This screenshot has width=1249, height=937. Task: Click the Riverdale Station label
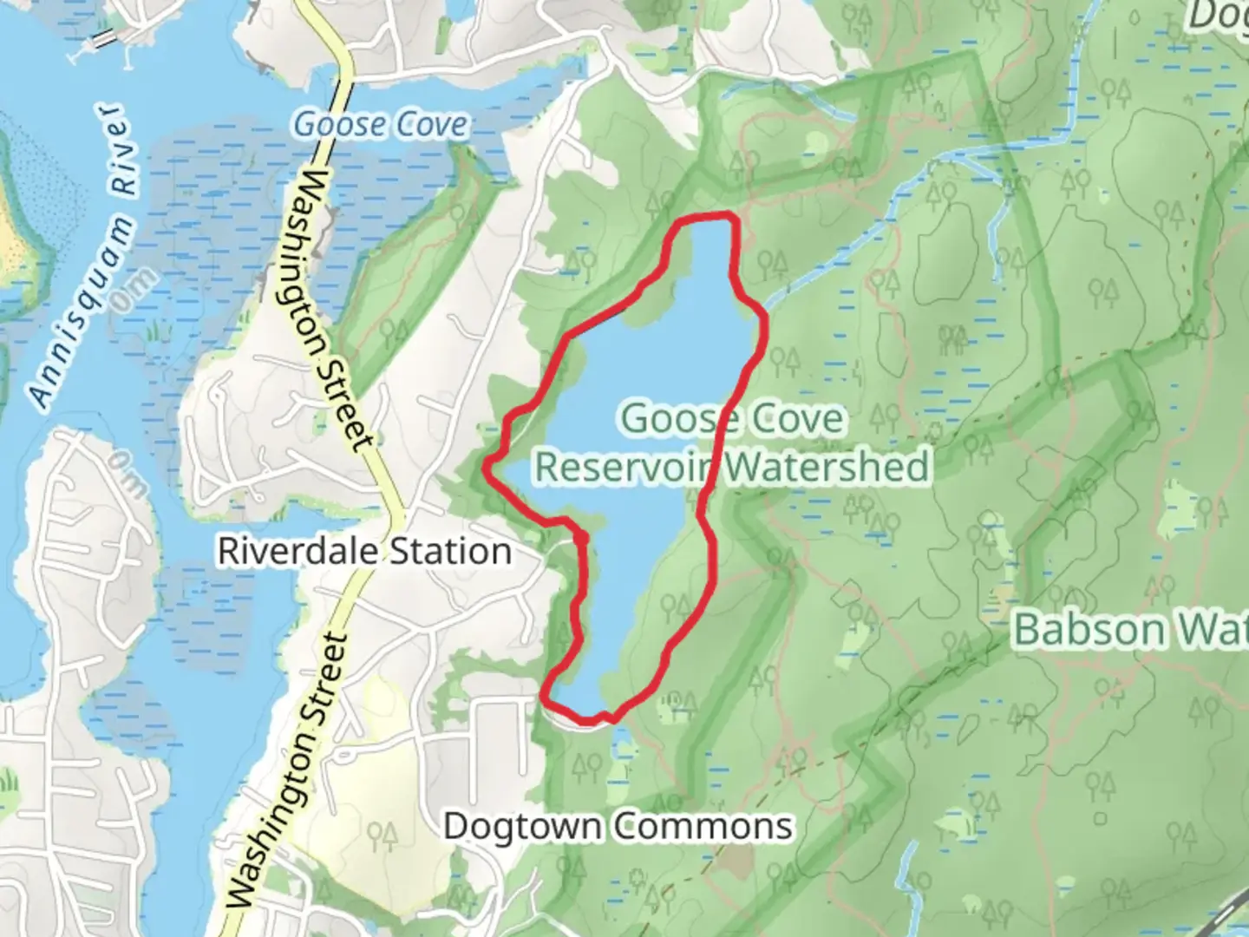pyautogui.click(x=364, y=552)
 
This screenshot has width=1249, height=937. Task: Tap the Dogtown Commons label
pyautogui.click(x=618, y=826)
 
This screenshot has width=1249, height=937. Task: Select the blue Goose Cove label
pyautogui.click(x=381, y=125)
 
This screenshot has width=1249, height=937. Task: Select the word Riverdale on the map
pyautogui.click(x=290, y=552)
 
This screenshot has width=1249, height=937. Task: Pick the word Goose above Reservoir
pyautogui.click(x=672, y=419)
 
